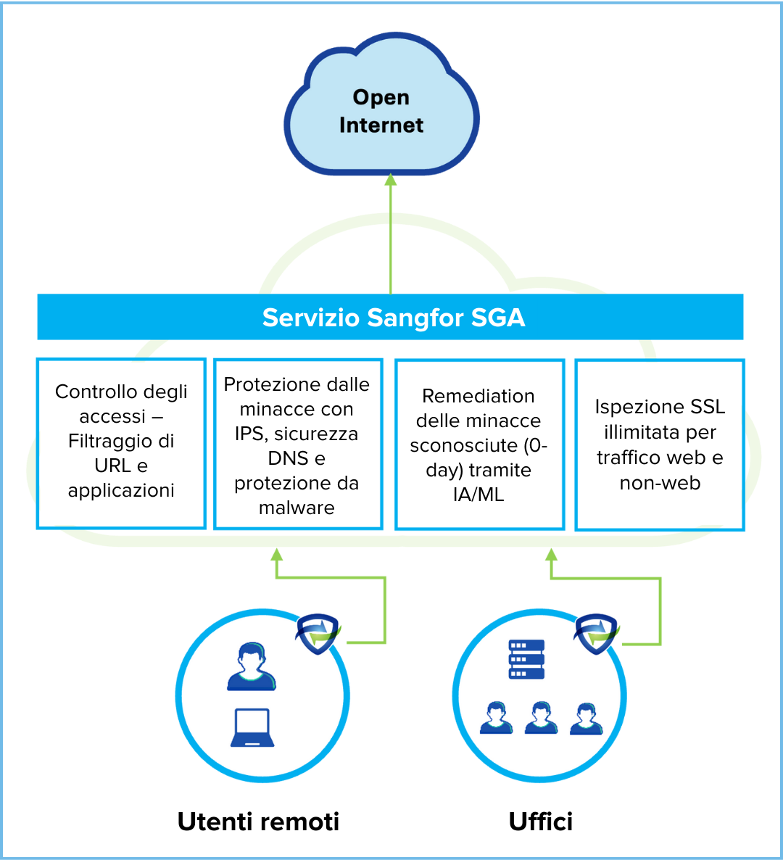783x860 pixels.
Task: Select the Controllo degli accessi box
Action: [x=121, y=442]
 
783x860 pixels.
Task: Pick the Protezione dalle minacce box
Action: [x=297, y=444]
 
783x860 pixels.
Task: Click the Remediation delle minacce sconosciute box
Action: [x=479, y=444]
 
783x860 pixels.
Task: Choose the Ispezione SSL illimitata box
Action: [x=659, y=444]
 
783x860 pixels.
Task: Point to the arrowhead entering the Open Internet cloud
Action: [x=391, y=179]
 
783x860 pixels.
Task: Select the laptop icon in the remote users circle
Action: [x=252, y=728]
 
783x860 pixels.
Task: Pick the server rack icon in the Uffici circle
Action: [x=526, y=659]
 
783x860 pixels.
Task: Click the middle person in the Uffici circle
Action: [x=541, y=718]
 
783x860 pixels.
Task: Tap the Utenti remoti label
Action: [x=258, y=822]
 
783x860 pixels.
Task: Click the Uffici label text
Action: [x=541, y=822]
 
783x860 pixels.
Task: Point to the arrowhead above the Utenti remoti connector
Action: [x=276, y=555]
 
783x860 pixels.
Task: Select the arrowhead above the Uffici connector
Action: [x=551, y=555]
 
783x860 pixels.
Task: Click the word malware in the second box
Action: [x=297, y=508]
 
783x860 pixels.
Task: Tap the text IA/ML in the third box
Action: [x=478, y=495]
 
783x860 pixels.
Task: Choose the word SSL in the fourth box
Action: [x=708, y=407]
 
